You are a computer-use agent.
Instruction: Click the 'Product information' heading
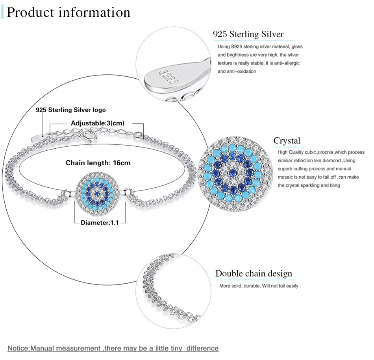(69, 13)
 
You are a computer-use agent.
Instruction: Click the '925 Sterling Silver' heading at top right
(248, 34)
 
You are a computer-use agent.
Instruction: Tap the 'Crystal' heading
(287, 141)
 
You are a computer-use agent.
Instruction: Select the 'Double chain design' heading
(254, 273)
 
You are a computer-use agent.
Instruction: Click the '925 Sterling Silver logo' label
(70, 110)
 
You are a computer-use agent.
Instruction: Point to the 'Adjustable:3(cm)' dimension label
(98, 123)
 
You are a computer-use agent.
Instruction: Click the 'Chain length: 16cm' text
(98, 163)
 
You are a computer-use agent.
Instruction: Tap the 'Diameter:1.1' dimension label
(100, 223)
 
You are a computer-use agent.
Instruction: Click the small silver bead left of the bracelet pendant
(69, 193)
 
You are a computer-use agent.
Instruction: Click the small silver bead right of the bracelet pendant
(128, 192)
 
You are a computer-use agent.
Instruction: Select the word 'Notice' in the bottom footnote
(18, 348)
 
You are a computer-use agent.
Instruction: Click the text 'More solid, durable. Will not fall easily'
(259, 286)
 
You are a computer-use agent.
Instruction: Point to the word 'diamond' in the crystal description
(331, 161)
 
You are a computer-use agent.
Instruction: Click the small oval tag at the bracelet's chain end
(37, 139)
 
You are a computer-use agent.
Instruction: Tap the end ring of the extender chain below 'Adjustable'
(138, 135)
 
